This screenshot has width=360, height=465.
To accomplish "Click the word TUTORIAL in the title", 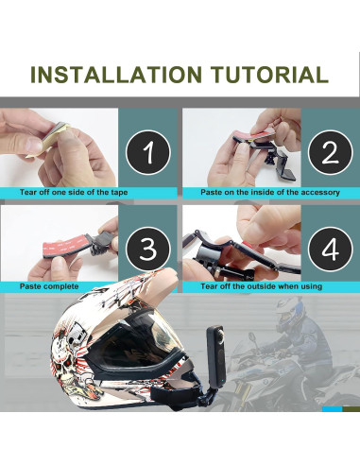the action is click(x=269, y=75).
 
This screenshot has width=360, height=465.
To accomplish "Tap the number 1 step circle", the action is click(x=148, y=152).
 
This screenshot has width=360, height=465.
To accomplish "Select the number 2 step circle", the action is click(x=330, y=152).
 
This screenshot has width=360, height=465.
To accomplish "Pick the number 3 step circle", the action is click(x=148, y=249).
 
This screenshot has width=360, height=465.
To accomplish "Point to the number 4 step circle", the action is click(x=330, y=249).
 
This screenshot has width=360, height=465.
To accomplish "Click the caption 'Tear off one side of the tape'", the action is click(x=74, y=192).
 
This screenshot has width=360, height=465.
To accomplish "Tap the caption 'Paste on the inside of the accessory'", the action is click(x=270, y=192).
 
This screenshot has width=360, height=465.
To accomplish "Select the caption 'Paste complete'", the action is click(x=49, y=286).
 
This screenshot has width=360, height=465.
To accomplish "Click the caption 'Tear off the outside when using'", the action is click(x=262, y=286).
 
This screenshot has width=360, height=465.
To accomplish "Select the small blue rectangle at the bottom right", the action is click(x=332, y=409).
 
